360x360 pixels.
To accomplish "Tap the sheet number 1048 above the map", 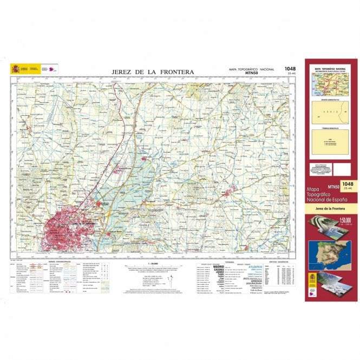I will pos(290,69).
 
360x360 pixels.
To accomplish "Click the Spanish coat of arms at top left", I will pos(15,69).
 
